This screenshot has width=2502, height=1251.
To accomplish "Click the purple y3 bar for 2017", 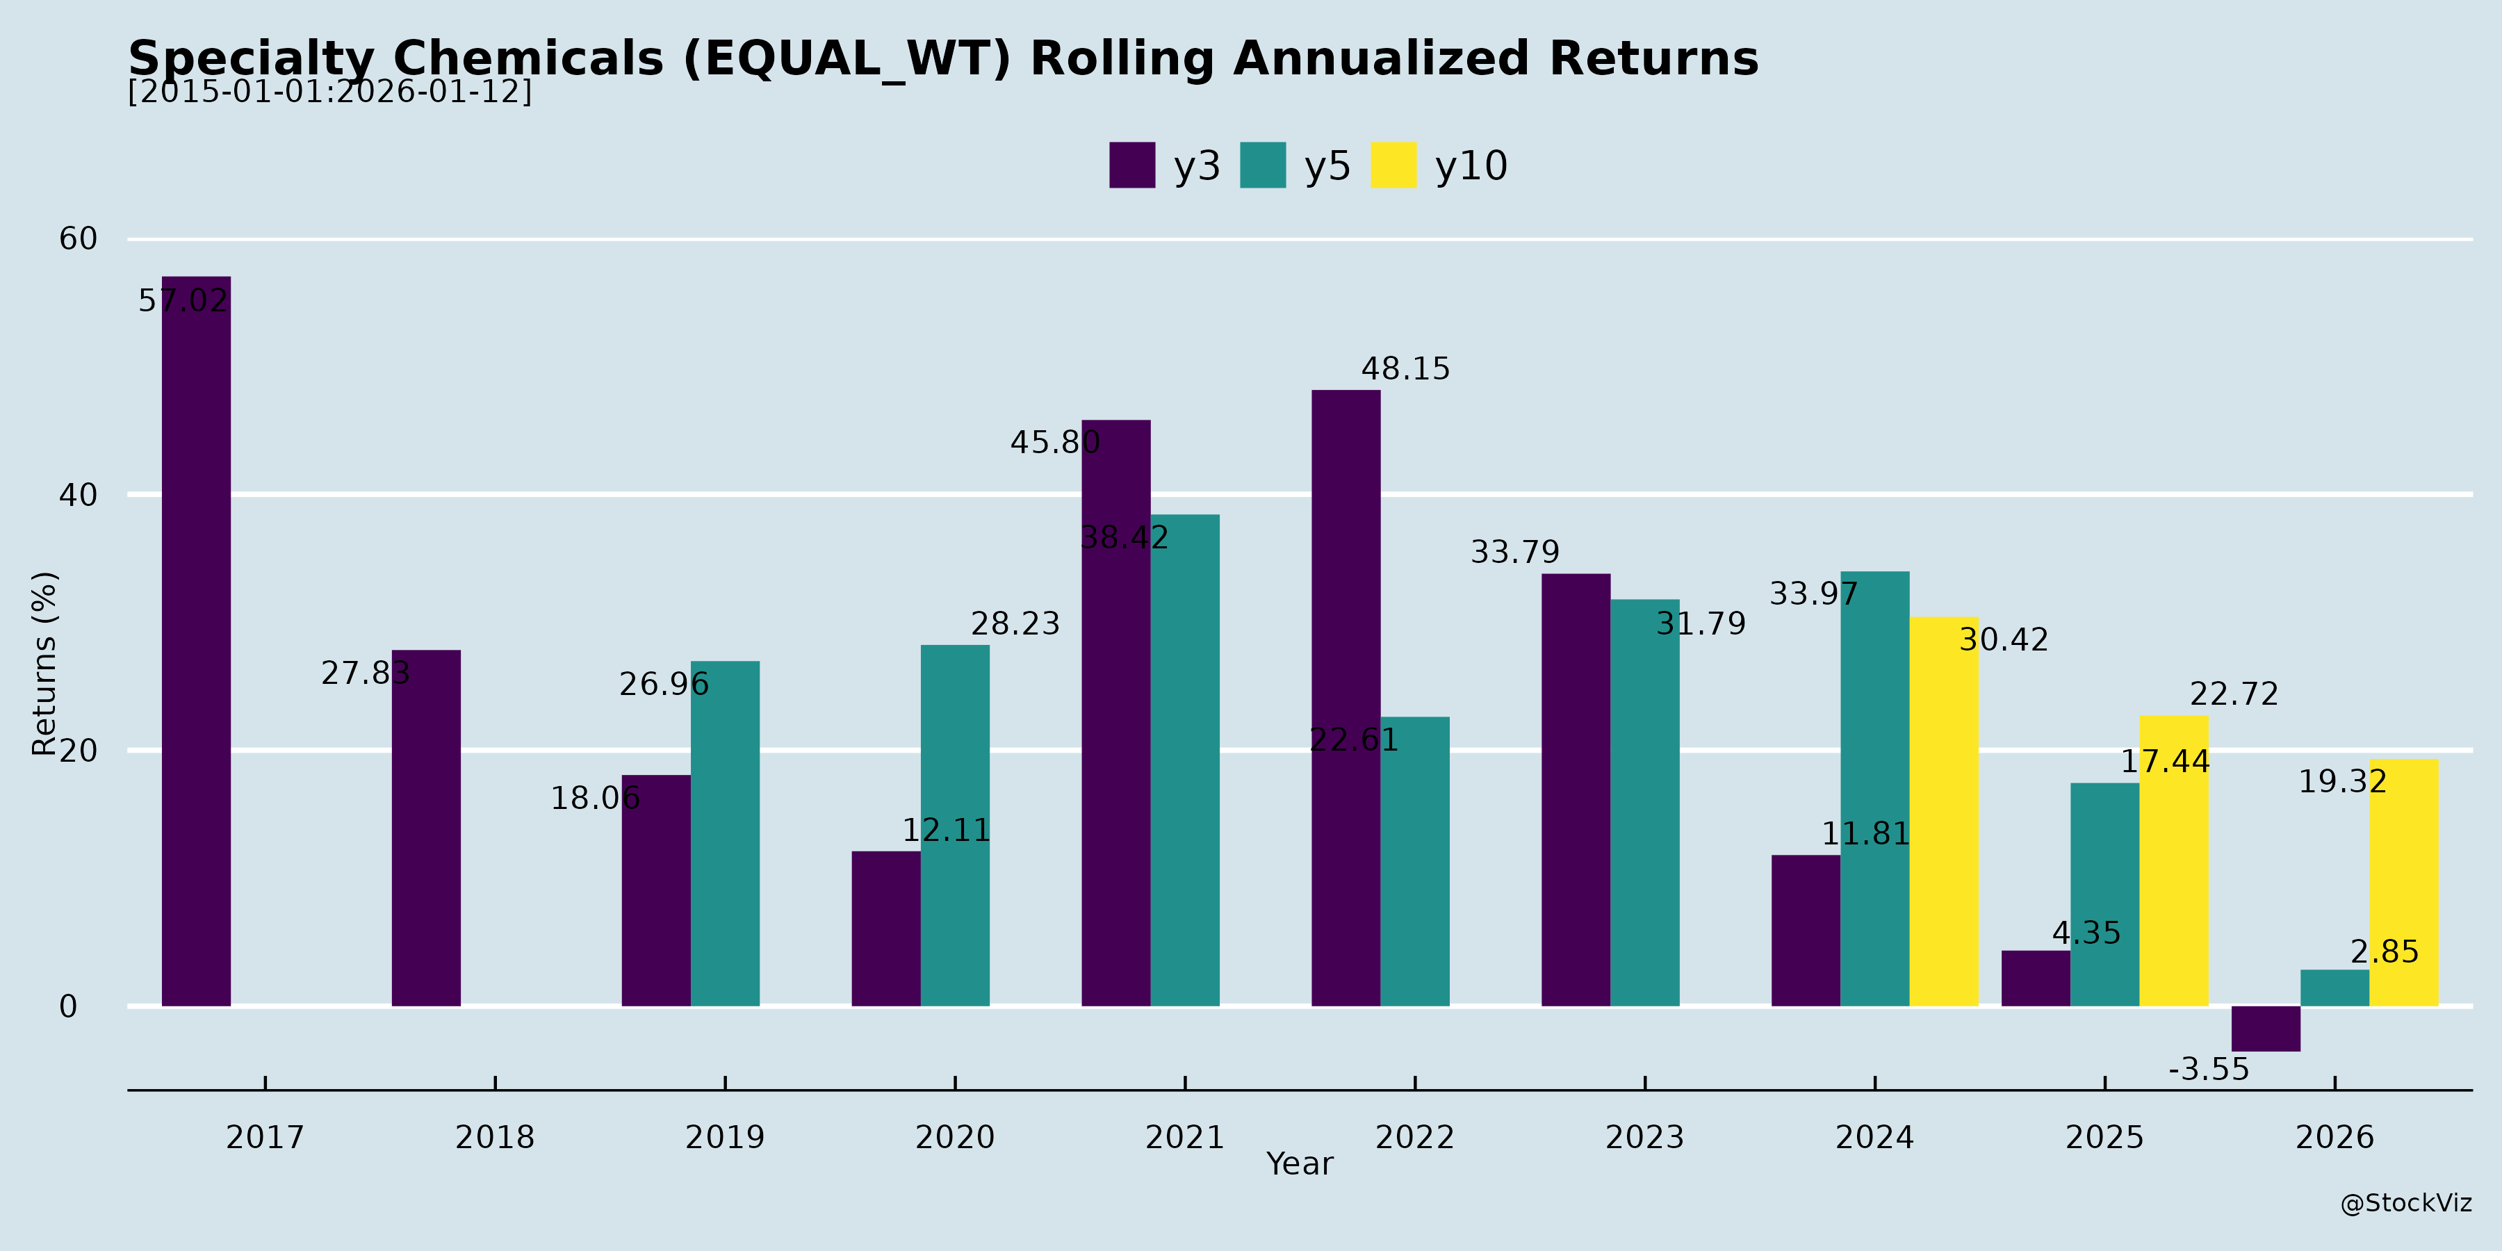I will click(x=196, y=641).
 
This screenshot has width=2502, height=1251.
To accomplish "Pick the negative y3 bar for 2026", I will click(x=2266, y=1029).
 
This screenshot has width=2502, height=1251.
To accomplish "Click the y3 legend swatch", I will click(x=1131, y=165).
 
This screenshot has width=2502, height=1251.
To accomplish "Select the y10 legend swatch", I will click(x=1393, y=165).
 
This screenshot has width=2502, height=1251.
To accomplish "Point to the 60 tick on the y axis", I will click(x=78, y=239).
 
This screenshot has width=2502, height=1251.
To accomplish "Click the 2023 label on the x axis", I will click(x=1644, y=1137).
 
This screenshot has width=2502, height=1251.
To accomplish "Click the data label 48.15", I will click(x=1405, y=369).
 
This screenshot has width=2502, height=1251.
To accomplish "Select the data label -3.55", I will click(x=2209, y=1070).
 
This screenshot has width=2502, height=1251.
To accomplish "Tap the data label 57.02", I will click(x=183, y=301).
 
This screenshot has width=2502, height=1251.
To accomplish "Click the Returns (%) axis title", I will click(x=44, y=664).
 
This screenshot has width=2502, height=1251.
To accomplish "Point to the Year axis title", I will click(x=1300, y=1163).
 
